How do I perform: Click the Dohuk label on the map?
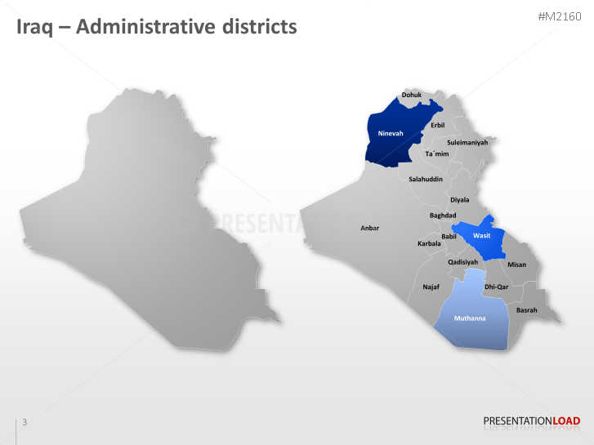pos(412,95)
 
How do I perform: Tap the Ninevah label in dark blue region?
pos(391,133)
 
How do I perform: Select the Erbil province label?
pos(438,125)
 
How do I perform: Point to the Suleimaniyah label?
pos(467,142)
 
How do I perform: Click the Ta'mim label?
pos(437,154)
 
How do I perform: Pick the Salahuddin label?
pos(426,179)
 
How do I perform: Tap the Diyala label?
pos(460,199)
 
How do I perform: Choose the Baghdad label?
pos(443,216)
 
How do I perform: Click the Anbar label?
pos(370,228)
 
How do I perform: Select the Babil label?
pos(449,236)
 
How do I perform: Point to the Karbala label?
pos(429,243)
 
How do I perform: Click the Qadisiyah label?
pos(462,262)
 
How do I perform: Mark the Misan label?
pos(517,265)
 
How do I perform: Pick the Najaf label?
pos(431,287)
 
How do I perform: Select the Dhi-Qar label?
pos(496,287)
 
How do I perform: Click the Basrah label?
pos(527,309)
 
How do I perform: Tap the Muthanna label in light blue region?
pos(470,318)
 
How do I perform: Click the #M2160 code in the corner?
pos(559,16)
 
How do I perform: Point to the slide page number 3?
pos(25,421)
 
